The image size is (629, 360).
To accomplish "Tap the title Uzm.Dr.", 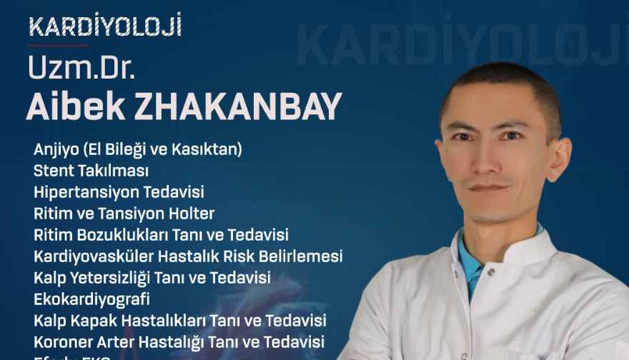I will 81,67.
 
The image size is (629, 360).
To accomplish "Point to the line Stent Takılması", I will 91,171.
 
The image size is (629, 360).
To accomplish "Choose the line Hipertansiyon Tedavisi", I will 119,192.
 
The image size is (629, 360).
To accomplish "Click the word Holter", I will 192,214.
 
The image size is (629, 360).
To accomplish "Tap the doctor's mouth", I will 488,189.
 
